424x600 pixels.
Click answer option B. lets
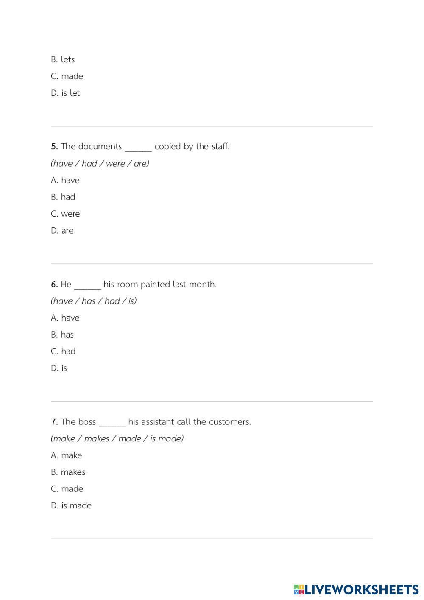coord(63,60)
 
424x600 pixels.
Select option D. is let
coord(65,93)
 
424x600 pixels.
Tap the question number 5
coord(54,147)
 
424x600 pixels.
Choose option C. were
coord(65,214)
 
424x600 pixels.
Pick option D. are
coord(62,231)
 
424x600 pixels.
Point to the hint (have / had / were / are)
coord(100,164)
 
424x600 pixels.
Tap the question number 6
coord(54,285)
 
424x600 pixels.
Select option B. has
coord(62,335)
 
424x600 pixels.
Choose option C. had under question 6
coord(63,352)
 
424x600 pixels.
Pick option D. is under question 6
coord(59,368)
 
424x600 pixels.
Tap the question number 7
coord(54,422)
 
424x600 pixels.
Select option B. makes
coord(68,472)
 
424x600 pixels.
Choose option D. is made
coord(71,506)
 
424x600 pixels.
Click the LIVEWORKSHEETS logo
coord(356,589)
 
